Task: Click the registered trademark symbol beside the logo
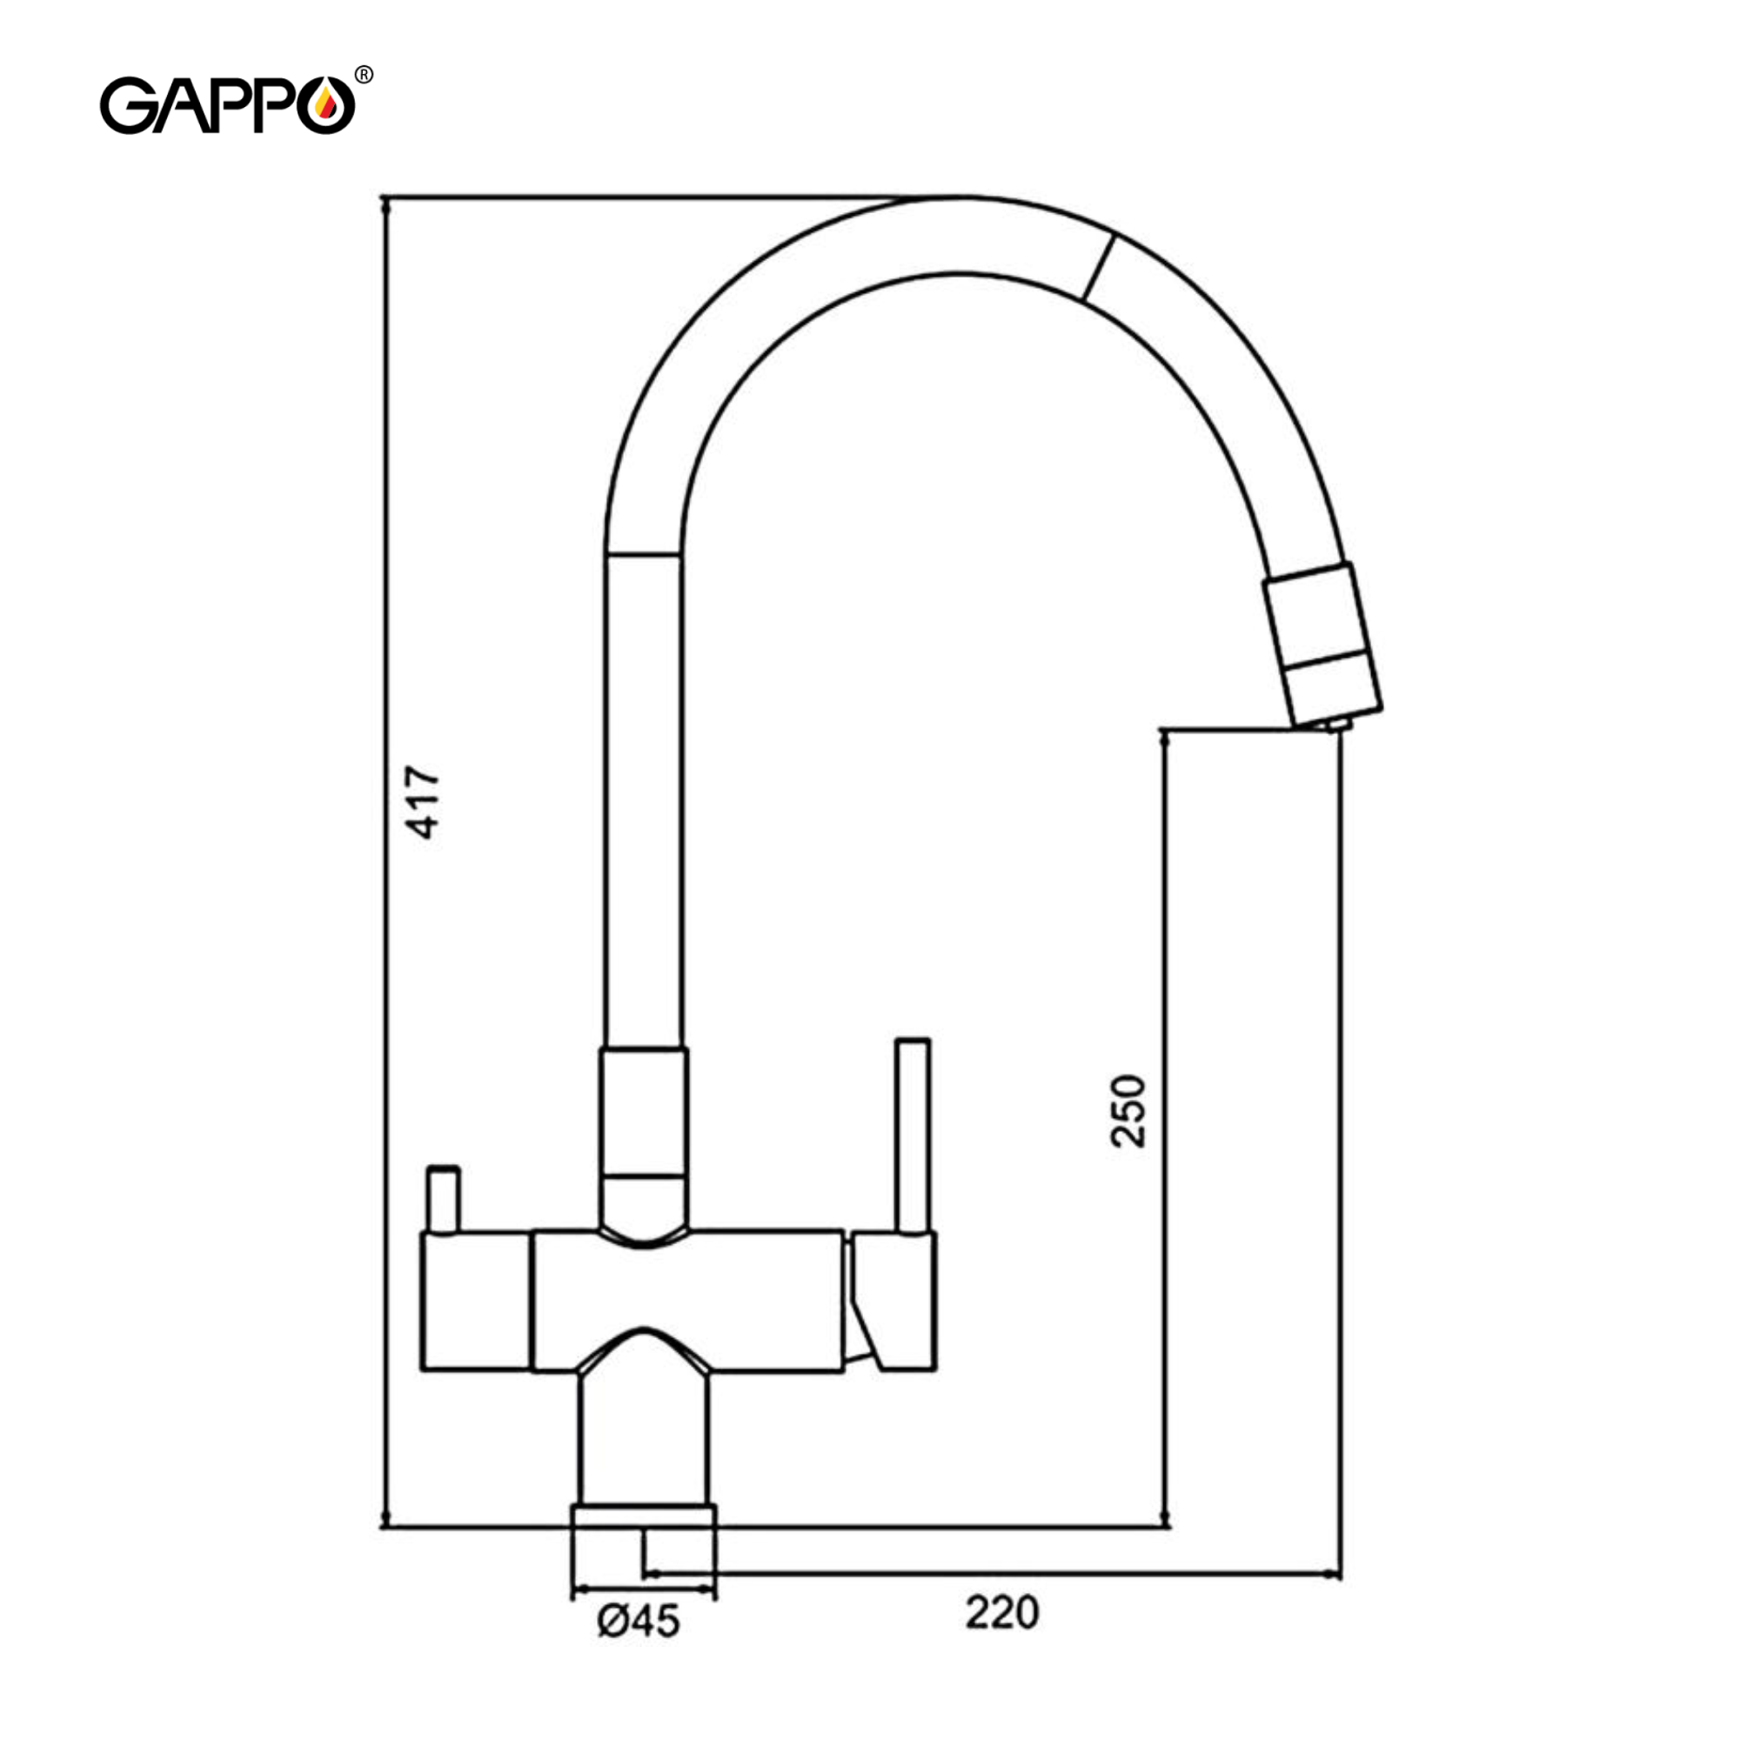point(364,75)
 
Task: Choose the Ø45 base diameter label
point(639,1622)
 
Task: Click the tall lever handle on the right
point(913,1134)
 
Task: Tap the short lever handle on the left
point(443,1199)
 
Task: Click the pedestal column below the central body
point(643,1441)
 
